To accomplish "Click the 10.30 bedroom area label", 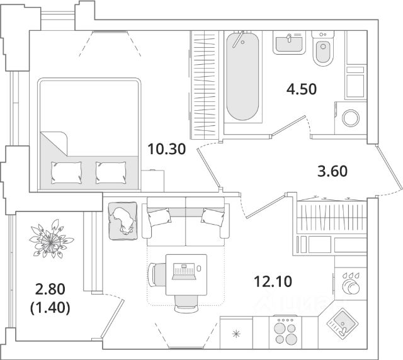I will (x=166, y=150).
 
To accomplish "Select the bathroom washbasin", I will (x=289, y=43).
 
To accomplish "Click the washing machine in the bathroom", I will (x=349, y=118).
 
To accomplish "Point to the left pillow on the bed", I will (x=67, y=171).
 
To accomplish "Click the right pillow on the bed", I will (x=111, y=171).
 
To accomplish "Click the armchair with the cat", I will (x=123, y=220).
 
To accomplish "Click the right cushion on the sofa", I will (x=213, y=218).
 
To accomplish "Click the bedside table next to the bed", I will (x=152, y=179).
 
